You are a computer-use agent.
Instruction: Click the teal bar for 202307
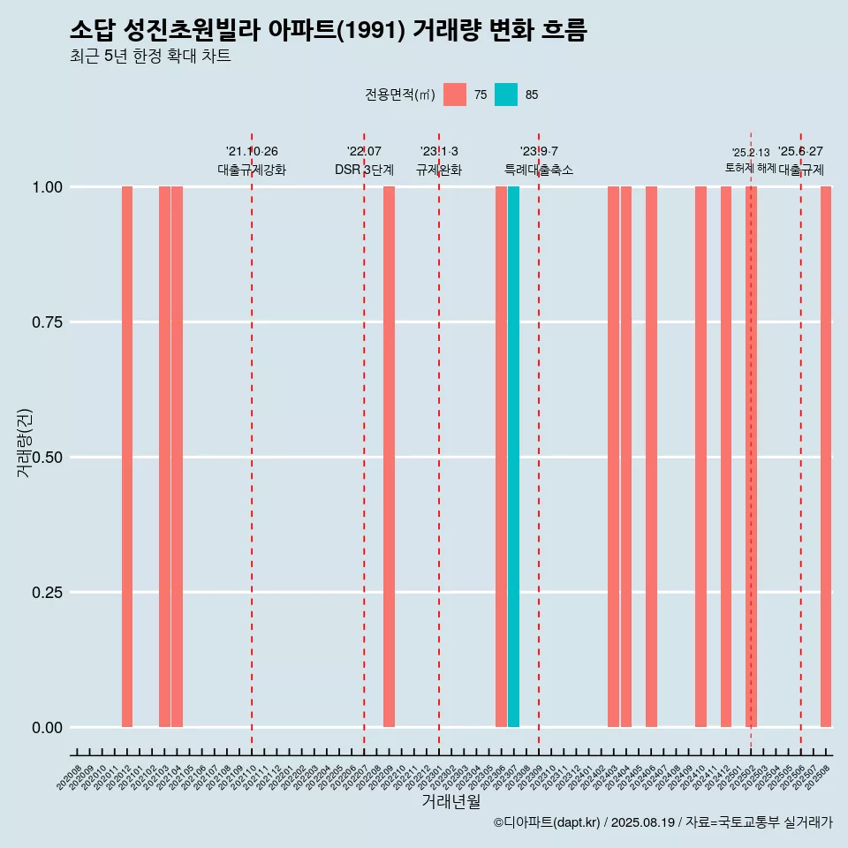513,457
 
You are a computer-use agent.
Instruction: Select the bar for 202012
127,457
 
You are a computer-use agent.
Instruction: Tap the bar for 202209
389,457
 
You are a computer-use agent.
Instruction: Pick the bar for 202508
826,457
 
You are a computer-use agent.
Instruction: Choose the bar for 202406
651,457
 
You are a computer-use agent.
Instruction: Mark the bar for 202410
700,457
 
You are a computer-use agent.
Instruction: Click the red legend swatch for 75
455,95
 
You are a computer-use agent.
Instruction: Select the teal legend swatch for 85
506,95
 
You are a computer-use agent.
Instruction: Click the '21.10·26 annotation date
252,152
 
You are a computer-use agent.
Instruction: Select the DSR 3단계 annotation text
364,170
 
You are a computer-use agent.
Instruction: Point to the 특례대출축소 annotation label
539,170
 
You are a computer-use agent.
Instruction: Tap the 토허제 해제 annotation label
750,168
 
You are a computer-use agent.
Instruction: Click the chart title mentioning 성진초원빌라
328,30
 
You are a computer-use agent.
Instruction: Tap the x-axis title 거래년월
450,801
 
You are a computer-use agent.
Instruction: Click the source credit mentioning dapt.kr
663,822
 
